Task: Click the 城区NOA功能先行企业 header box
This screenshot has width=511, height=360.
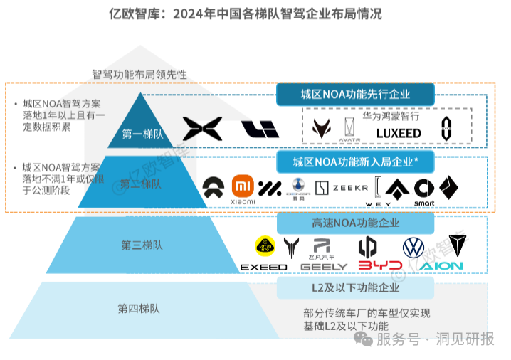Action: (x=355, y=94)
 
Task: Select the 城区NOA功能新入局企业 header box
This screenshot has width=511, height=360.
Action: (x=355, y=162)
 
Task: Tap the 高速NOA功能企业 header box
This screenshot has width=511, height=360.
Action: (x=355, y=223)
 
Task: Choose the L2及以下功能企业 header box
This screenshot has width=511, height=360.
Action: (x=355, y=288)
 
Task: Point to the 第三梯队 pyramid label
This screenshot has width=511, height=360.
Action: (x=142, y=246)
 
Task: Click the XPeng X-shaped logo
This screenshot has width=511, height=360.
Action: (x=202, y=129)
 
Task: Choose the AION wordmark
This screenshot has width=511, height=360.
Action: (x=441, y=266)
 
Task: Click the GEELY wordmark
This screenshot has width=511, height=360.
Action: (x=324, y=267)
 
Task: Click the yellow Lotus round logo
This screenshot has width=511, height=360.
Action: (x=265, y=247)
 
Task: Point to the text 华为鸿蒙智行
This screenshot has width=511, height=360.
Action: (x=391, y=115)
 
